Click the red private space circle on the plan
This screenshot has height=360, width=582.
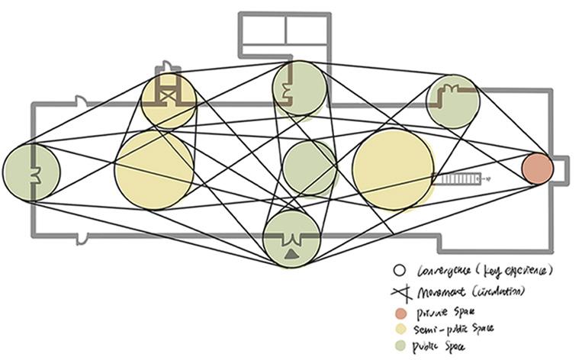pyautogui.click(x=537, y=169)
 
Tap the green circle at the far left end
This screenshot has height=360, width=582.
pyautogui.click(x=31, y=172)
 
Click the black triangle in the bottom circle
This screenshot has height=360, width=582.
pyautogui.click(x=291, y=255)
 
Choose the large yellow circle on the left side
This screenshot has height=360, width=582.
pyautogui.click(x=154, y=169)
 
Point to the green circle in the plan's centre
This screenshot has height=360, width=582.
pyautogui.click(x=309, y=168)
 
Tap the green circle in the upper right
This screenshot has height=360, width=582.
pyautogui.click(x=453, y=101)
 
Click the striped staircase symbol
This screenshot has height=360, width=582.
pyautogui.click(x=455, y=180)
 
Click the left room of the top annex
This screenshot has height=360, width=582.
pyautogui.click(x=264, y=30)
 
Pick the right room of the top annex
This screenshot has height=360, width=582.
pyautogui.click(x=307, y=30)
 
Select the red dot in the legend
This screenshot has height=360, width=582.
pyautogui.click(x=399, y=312)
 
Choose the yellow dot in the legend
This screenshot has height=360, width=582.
pyautogui.click(x=399, y=329)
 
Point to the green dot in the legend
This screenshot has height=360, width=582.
pyautogui.click(x=399, y=346)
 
